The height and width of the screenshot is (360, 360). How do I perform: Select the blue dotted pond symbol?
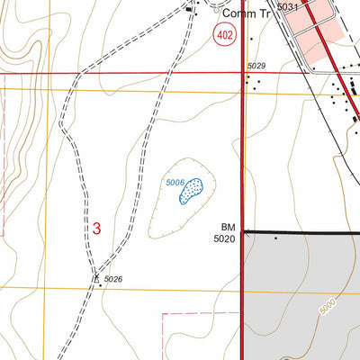(192, 191)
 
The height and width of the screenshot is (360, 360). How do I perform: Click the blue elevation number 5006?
(175, 183)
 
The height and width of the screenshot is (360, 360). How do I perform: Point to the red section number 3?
(96, 229)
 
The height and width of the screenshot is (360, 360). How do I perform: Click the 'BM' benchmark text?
(226, 228)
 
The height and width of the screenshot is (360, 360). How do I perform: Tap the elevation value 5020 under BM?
(224, 239)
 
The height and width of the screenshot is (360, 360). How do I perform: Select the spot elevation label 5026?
(112, 280)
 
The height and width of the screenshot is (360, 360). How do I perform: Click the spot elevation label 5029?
(256, 66)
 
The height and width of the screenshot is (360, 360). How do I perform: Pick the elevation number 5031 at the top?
(287, 7)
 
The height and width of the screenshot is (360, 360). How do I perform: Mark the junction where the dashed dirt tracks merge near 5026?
(95, 275)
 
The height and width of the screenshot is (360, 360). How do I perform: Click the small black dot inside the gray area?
(275, 238)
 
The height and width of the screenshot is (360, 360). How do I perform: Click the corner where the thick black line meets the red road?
(244, 232)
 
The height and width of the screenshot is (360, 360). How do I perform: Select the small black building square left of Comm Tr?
(190, 11)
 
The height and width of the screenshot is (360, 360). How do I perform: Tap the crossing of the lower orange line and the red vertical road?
(242, 289)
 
